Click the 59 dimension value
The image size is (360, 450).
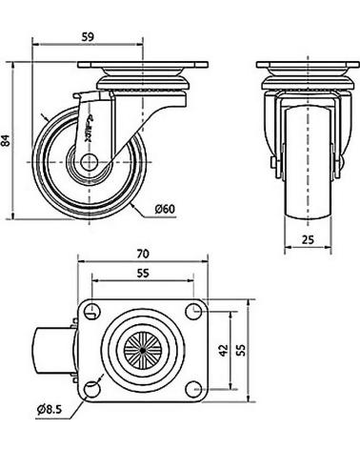click(88, 37)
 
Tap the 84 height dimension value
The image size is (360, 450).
click(6, 140)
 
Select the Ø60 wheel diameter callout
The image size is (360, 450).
click(165, 209)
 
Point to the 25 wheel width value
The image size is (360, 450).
click(308, 239)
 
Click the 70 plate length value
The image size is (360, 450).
click(143, 254)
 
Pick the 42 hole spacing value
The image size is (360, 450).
click(224, 350)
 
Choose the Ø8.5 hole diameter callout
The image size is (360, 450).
click(49, 409)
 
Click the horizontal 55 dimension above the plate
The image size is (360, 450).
click(143, 274)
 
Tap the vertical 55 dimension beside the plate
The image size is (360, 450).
click(242, 350)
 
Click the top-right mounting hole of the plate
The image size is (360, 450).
click(193, 312)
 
